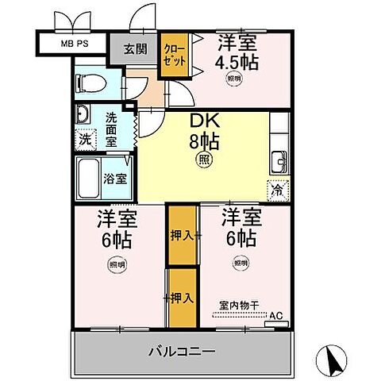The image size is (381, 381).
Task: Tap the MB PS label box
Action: tap(72, 41)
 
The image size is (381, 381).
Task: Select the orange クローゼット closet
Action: tap(174, 56)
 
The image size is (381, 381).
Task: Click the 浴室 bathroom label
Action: tap(115, 179)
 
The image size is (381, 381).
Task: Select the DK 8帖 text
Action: tap(203, 132)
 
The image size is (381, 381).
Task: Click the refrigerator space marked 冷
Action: tap(278, 190)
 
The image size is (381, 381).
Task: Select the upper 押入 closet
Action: tap(182, 235)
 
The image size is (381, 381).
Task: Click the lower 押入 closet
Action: tap(182, 298)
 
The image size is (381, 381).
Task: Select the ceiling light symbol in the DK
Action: tap(203, 159)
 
